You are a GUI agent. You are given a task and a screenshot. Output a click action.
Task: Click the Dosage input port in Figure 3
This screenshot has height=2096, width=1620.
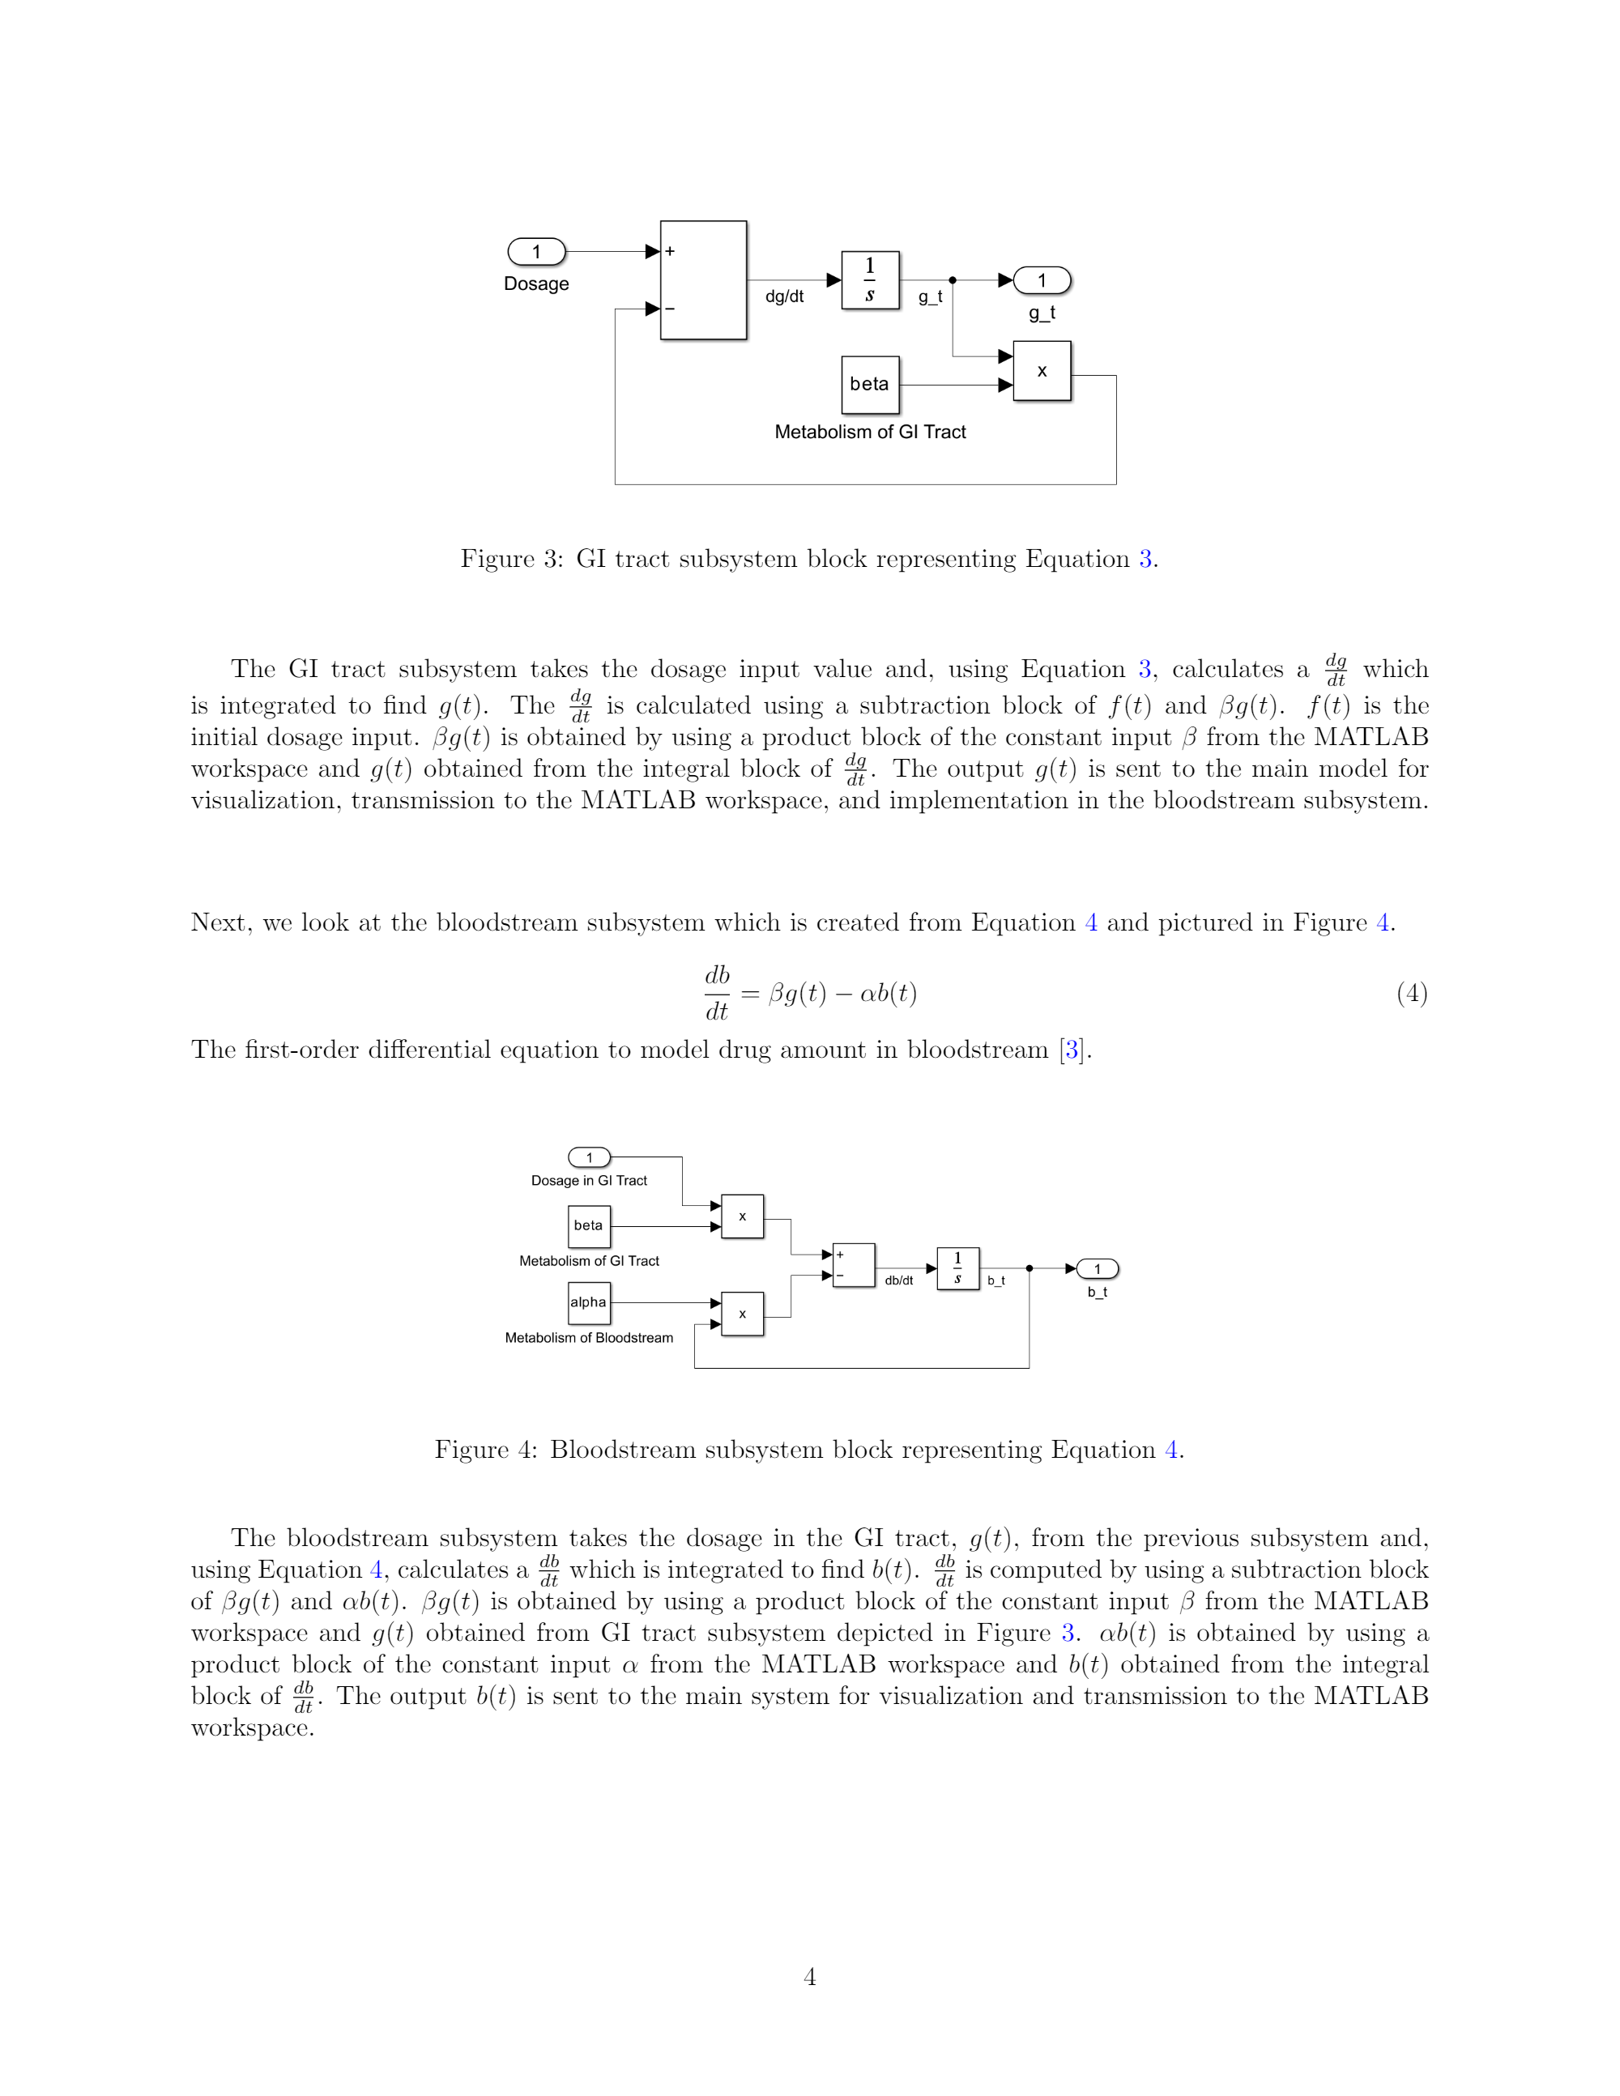click(536, 251)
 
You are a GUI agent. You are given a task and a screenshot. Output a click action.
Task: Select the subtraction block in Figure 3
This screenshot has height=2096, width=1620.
click(703, 280)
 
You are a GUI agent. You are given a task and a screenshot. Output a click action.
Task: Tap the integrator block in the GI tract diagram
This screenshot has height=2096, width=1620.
click(869, 280)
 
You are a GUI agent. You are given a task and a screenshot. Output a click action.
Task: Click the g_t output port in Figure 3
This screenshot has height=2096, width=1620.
click(1042, 280)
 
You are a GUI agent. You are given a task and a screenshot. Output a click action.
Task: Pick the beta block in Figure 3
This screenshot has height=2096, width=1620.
click(869, 385)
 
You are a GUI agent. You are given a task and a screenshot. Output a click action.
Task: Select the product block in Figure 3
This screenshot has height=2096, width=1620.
click(1042, 372)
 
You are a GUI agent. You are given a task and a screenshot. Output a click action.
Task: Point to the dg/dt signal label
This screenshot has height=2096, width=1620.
click(784, 296)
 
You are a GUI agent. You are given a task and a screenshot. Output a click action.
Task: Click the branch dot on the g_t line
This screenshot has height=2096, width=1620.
click(952, 280)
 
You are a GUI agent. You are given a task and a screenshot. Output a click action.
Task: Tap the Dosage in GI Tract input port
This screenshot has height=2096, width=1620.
click(589, 1157)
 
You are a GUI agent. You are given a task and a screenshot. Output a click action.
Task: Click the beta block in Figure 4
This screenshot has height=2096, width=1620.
click(588, 1225)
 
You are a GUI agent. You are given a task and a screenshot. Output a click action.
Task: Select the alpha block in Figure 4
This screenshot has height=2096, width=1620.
click(588, 1302)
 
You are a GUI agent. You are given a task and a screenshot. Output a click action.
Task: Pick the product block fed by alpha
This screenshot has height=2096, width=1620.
click(742, 1314)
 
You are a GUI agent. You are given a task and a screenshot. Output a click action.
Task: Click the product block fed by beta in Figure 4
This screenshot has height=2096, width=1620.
click(742, 1216)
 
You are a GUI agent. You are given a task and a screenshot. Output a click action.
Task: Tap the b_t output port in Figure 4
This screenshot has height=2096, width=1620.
click(1098, 1269)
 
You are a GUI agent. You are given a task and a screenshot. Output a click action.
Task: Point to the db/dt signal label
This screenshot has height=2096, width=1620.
click(898, 1280)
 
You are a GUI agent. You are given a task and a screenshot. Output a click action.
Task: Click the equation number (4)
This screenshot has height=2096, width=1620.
click(1412, 993)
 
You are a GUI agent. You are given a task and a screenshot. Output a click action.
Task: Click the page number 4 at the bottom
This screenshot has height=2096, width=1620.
click(810, 1977)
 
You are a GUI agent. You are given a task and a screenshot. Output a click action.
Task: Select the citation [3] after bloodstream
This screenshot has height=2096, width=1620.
click(1072, 1050)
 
